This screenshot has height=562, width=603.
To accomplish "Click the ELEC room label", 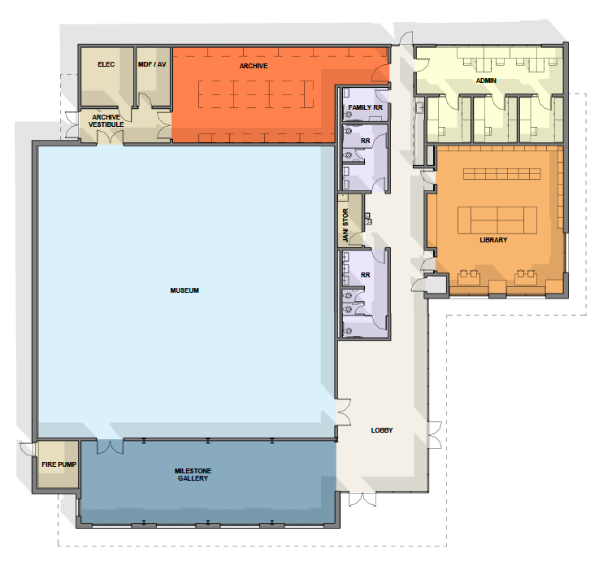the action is click(106, 64).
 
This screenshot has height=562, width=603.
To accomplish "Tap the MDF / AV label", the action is click(152, 64).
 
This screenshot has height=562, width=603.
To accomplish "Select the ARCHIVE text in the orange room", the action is click(254, 66).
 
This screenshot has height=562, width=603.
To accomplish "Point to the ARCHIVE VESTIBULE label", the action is click(106, 120).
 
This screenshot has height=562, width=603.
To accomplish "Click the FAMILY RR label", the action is click(366, 107).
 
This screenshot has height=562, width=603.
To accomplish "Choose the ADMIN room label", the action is click(486, 81).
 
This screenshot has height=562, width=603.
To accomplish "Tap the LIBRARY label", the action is click(493, 240).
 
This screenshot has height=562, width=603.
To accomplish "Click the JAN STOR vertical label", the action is click(345, 225).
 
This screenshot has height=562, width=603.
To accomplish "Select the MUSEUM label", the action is click(184, 290).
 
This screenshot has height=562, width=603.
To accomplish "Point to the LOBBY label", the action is click(382, 430).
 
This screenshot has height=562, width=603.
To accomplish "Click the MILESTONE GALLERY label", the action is click(193, 474).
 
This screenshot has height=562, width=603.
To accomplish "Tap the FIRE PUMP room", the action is click(59, 464).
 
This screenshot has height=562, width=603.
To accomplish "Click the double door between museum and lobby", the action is click(344, 412).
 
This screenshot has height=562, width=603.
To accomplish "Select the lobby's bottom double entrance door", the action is click(362, 499).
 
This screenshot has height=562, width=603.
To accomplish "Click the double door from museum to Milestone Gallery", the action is click(110, 446).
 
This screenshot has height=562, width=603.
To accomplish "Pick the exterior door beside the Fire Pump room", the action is click(28, 449).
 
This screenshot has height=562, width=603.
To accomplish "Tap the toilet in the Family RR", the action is click(349, 115).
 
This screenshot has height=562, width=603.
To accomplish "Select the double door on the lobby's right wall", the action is click(435, 435).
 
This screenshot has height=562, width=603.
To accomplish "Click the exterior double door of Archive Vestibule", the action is click(72, 124).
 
